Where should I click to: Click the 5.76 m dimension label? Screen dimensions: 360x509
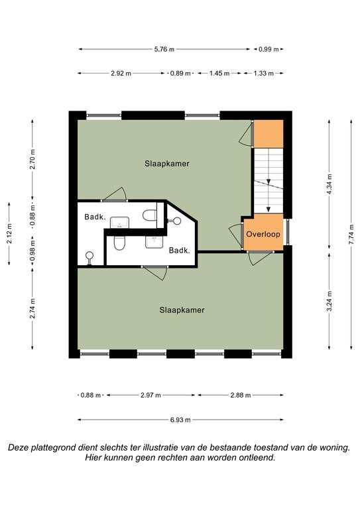(x=164, y=49)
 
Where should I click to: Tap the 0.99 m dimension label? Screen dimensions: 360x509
(x=269, y=49)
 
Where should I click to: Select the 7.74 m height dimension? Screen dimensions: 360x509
(x=351, y=235)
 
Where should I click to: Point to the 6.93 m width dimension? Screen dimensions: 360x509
(x=180, y=420)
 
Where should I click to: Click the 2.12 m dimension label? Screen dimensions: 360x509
(x=10, y=233)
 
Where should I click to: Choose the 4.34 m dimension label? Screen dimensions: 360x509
(x=329, y=184)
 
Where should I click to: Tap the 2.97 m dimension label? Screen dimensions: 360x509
(x=150, y=395)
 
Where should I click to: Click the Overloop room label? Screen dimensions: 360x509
(x=263, y=234)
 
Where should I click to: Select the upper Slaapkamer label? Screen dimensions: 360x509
(x=167, y=164)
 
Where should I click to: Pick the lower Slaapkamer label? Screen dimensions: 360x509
(x=182, y=310)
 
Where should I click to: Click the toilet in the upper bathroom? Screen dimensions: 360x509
(x=149, y=215)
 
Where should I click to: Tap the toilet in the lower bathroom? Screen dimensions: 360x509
(x=119, y=243)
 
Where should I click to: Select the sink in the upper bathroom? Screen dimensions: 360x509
(x=120, y=223)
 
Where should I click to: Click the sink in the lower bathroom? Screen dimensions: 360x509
(x=154, y=242)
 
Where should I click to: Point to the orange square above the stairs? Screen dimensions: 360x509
(x=268, y=134)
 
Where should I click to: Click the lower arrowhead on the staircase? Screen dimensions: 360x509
(x=269, y=209)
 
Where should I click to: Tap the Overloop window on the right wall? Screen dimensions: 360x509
(x=287, y=232)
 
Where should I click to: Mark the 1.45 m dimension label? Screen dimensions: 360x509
(x=219, y=74)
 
